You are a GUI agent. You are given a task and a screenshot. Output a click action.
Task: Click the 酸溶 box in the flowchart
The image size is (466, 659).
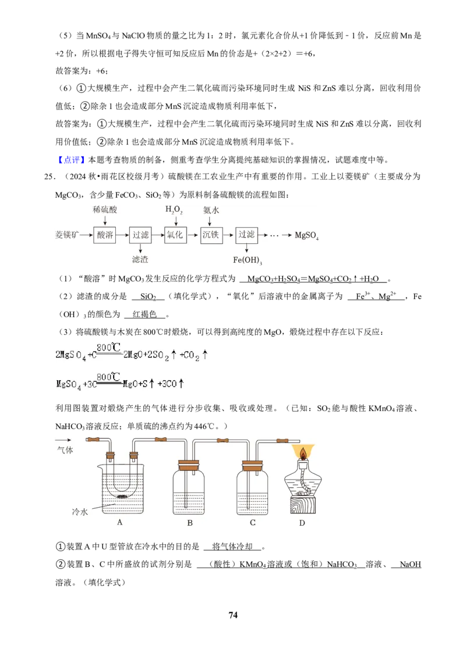pos(105,235)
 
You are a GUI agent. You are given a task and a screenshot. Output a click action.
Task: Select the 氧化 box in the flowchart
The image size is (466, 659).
pos(175,235)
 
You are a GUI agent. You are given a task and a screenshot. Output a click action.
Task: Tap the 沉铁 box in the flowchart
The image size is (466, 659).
pos(211,235)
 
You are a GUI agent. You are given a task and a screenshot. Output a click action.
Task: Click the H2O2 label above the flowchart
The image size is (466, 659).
pos(174,210)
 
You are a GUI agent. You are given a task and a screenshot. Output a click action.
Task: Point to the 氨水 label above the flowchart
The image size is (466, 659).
pos(211,210)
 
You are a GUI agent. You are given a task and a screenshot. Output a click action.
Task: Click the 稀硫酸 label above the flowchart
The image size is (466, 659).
pos(105,210)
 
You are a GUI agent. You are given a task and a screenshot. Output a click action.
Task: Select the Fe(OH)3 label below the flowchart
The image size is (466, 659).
pos(248,260)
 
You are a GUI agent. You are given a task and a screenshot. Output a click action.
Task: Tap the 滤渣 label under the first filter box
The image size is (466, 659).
pos(140,259)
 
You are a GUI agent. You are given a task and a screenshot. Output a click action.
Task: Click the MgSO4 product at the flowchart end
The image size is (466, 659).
pos(306,235)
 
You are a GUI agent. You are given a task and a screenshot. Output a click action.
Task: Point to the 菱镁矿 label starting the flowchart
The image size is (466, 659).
pos(67,235)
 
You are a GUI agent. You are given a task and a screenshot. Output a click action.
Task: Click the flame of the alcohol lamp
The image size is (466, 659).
pos(303,452)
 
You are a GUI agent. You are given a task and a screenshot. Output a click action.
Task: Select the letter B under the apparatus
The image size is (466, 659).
pos(190,523)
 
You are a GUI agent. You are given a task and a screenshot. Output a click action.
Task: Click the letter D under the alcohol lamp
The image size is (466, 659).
pos(302,523)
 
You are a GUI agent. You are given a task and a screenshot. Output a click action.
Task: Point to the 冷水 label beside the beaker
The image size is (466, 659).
pos(80,512)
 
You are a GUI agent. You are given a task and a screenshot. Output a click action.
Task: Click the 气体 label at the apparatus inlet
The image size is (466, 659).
pos(65,450)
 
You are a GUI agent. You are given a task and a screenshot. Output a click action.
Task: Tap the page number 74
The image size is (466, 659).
pos(233,615)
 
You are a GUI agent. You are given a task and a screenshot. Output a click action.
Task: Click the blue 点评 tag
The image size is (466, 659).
pos(72,160)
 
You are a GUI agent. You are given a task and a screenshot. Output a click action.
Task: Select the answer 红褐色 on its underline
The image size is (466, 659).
pos(144,314)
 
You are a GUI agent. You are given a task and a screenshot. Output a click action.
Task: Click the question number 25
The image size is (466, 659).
pos(50,176)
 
